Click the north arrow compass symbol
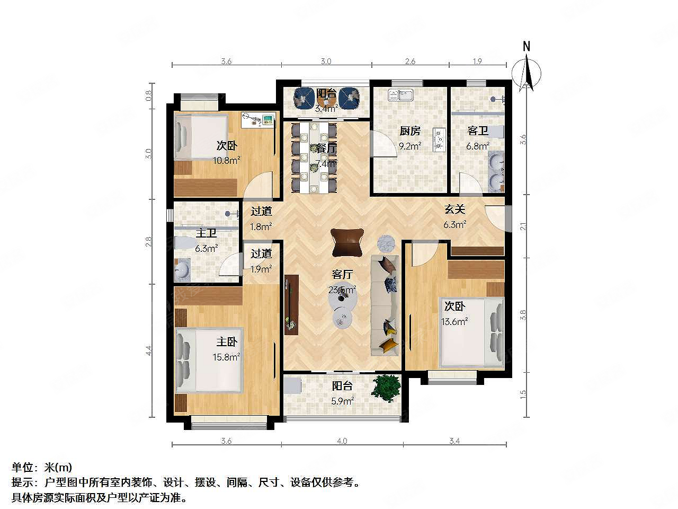tap(528, 69)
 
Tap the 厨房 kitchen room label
tap(409, 131)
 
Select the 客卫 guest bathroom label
tap(477, 131)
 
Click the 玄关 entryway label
tap(454, 210)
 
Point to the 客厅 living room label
tap(342, 275)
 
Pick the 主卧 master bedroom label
tap(226, 343)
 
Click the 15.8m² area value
tap(226, 357)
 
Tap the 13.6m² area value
tap(454, 321)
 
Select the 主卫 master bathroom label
tap(206, 234)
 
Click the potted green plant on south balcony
tap(386, 388)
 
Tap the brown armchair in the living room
tap(347, 242)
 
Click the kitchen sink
tap(400, 95)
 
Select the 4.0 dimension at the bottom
tap(342, 441)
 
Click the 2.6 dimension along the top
tap(410, 62)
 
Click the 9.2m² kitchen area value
tap(409, 146)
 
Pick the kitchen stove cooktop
tap(439, 139)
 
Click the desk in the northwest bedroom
tap(258, 120)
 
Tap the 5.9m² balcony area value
tap(342, 401)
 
